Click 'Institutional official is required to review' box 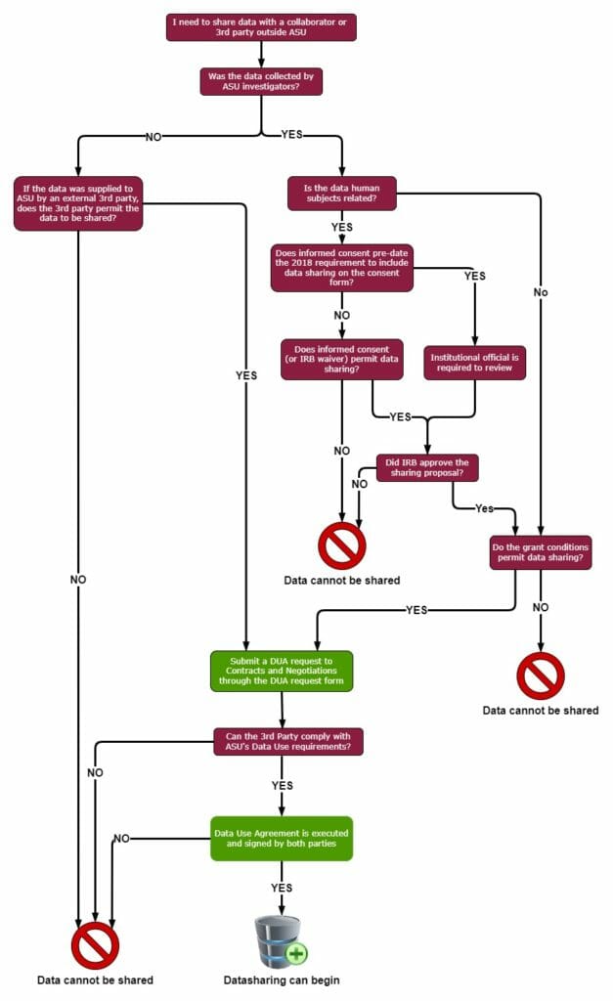475,363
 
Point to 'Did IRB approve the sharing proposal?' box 427,467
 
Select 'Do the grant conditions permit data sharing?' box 541,551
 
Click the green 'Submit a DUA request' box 281,671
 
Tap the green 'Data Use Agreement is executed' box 282,838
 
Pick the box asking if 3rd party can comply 288,741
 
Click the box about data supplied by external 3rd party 78,202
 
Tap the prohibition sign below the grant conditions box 540,675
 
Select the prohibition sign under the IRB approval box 342,545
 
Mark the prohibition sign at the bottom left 95,945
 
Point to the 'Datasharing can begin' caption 282,979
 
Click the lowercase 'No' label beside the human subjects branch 541,291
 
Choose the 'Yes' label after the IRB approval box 483,508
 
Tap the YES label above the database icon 282,888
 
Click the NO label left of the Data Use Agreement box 121,838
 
